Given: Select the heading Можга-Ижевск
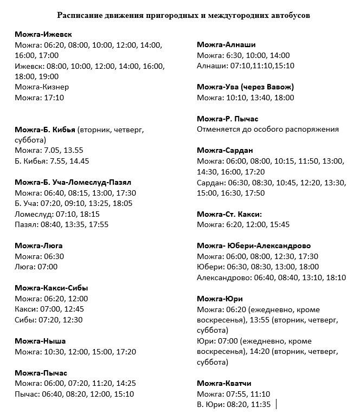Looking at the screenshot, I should [x=44, y=34].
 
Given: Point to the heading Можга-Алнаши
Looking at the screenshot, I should [x=227, y=44].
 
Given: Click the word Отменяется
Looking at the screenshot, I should [x=218, y=129].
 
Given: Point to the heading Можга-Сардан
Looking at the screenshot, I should [x=225, y=150].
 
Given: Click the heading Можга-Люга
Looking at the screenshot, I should [x=39, y=245].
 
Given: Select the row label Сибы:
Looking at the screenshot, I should [x=25, y=319].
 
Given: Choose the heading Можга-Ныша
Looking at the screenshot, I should [x=41, y=341].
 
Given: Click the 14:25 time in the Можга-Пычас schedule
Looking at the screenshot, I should [x=125, y=383].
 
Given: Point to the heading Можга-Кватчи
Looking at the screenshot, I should [x=224, y=383].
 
